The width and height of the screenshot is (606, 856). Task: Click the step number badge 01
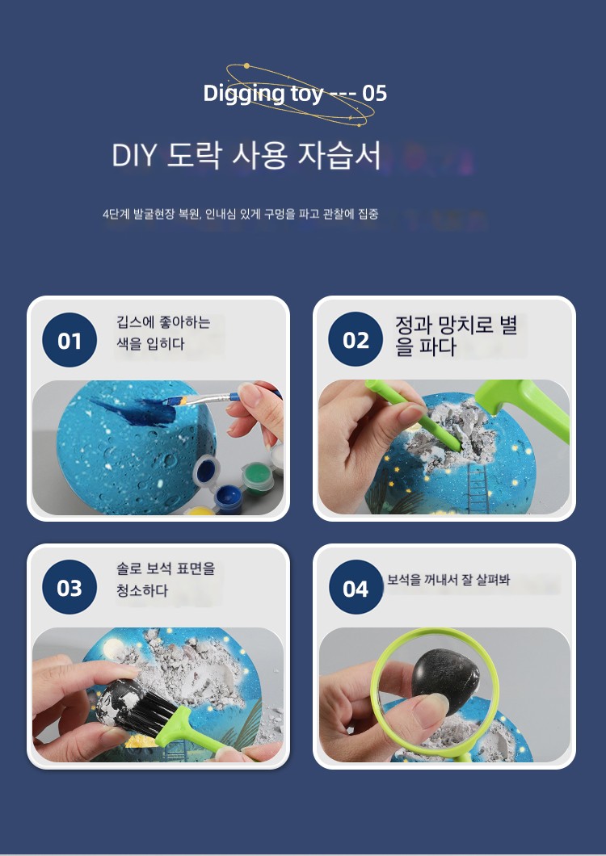(x=69, y=340)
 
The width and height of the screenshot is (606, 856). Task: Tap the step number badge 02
(x=356, y=339)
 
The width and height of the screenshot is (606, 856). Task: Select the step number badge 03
(x=69, y=587)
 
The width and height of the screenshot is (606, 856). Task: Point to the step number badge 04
(x=356, y=587)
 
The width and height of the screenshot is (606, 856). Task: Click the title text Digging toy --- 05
(x=295, y=94)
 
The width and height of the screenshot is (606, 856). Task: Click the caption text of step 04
(x=448, y=580)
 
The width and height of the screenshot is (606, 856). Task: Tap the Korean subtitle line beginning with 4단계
(x=241, y=213)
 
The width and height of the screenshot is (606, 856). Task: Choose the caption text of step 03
(x=166, y=579)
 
